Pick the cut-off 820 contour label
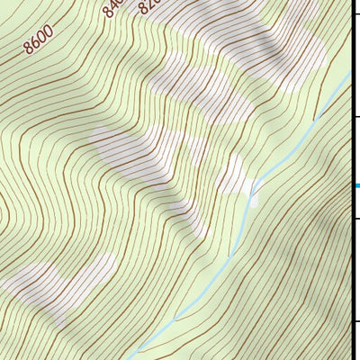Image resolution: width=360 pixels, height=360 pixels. (148, 6)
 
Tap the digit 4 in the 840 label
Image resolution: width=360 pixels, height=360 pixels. (112, 8)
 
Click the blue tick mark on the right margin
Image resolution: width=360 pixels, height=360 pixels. (356, 186)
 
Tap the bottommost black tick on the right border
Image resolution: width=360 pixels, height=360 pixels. (355, 321)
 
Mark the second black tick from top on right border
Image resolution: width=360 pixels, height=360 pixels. (355, 117)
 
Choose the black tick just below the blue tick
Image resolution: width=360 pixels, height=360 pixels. (355, 219)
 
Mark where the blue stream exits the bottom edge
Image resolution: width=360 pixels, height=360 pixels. (131, 357)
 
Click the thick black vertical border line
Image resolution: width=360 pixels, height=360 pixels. (352, 270)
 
